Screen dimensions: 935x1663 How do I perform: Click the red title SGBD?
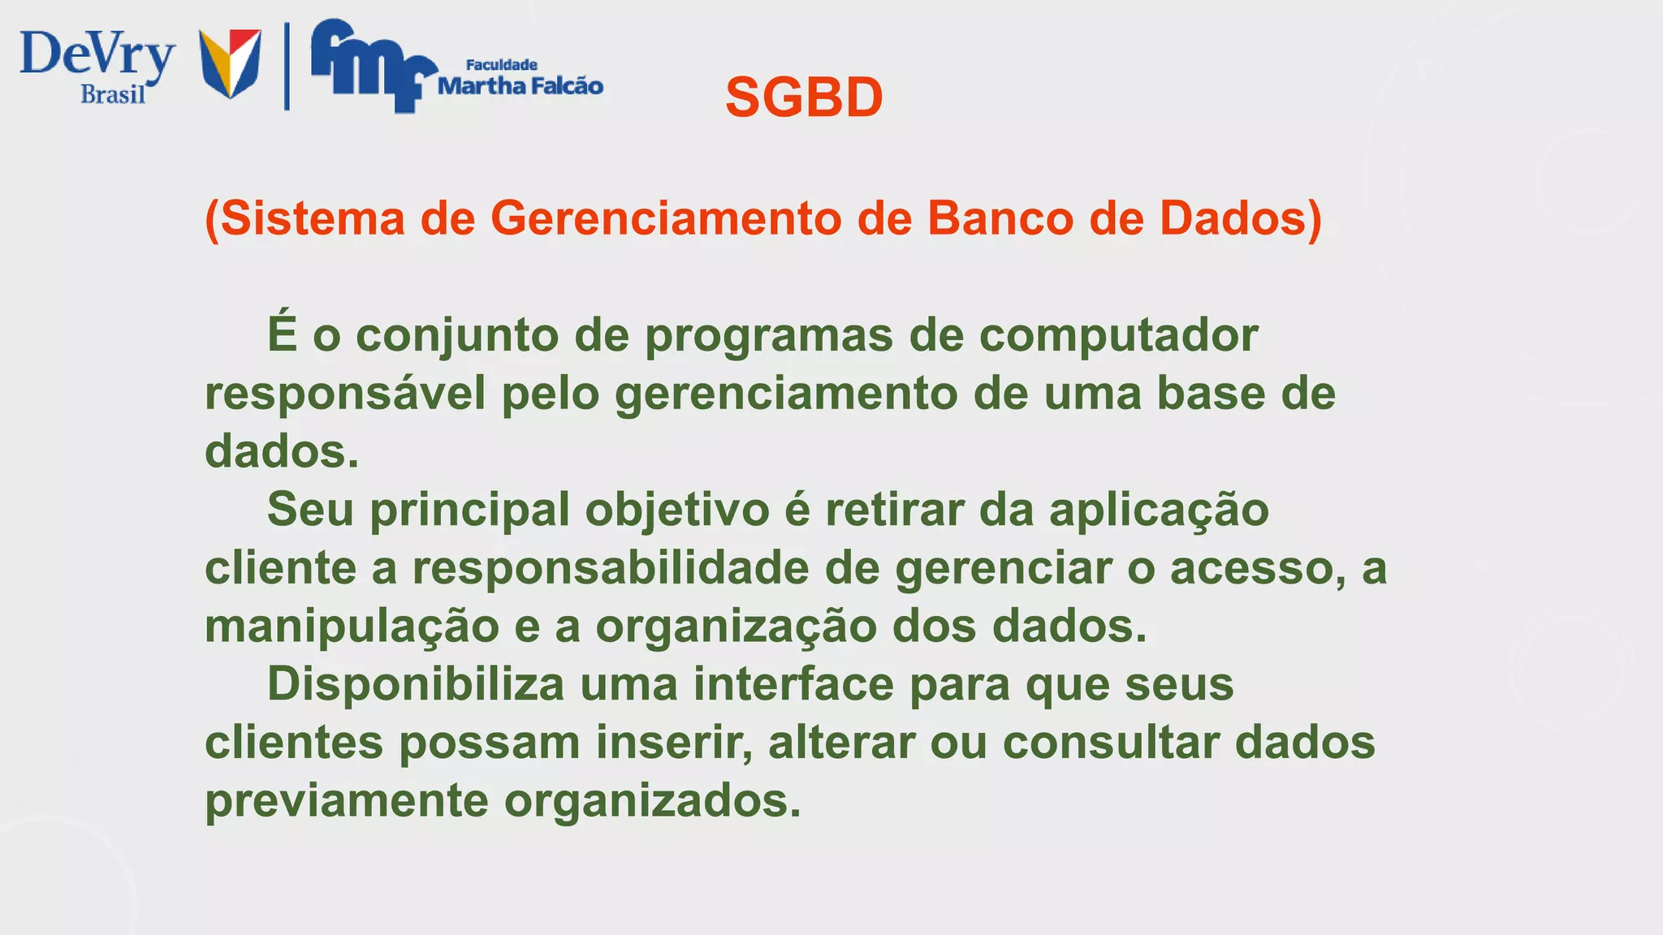[x=804, y=98]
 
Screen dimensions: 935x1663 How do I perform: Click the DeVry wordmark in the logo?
[x=97, y=55]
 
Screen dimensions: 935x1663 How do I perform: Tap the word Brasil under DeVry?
[x=113, y=95]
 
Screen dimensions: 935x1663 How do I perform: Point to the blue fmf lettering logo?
[x=369, y=65]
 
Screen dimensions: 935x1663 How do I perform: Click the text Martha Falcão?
[x=520, y=86]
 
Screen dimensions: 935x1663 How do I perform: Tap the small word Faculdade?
[x=501, y=65]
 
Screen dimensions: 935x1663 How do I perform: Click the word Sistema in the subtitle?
[x=310, y=219]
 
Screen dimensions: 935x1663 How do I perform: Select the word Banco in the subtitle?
[x=1000, y=219]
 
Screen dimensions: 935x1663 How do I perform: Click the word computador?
[x=1118, y=336]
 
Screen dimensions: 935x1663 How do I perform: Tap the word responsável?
[x=345, y=394]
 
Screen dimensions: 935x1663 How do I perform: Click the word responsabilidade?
[x=611, y=568]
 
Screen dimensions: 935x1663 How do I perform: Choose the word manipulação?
[x=352, y=627]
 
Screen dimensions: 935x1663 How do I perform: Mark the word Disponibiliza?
[x=415, y=684]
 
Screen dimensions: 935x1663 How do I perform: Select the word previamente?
[x=347, y=801]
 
